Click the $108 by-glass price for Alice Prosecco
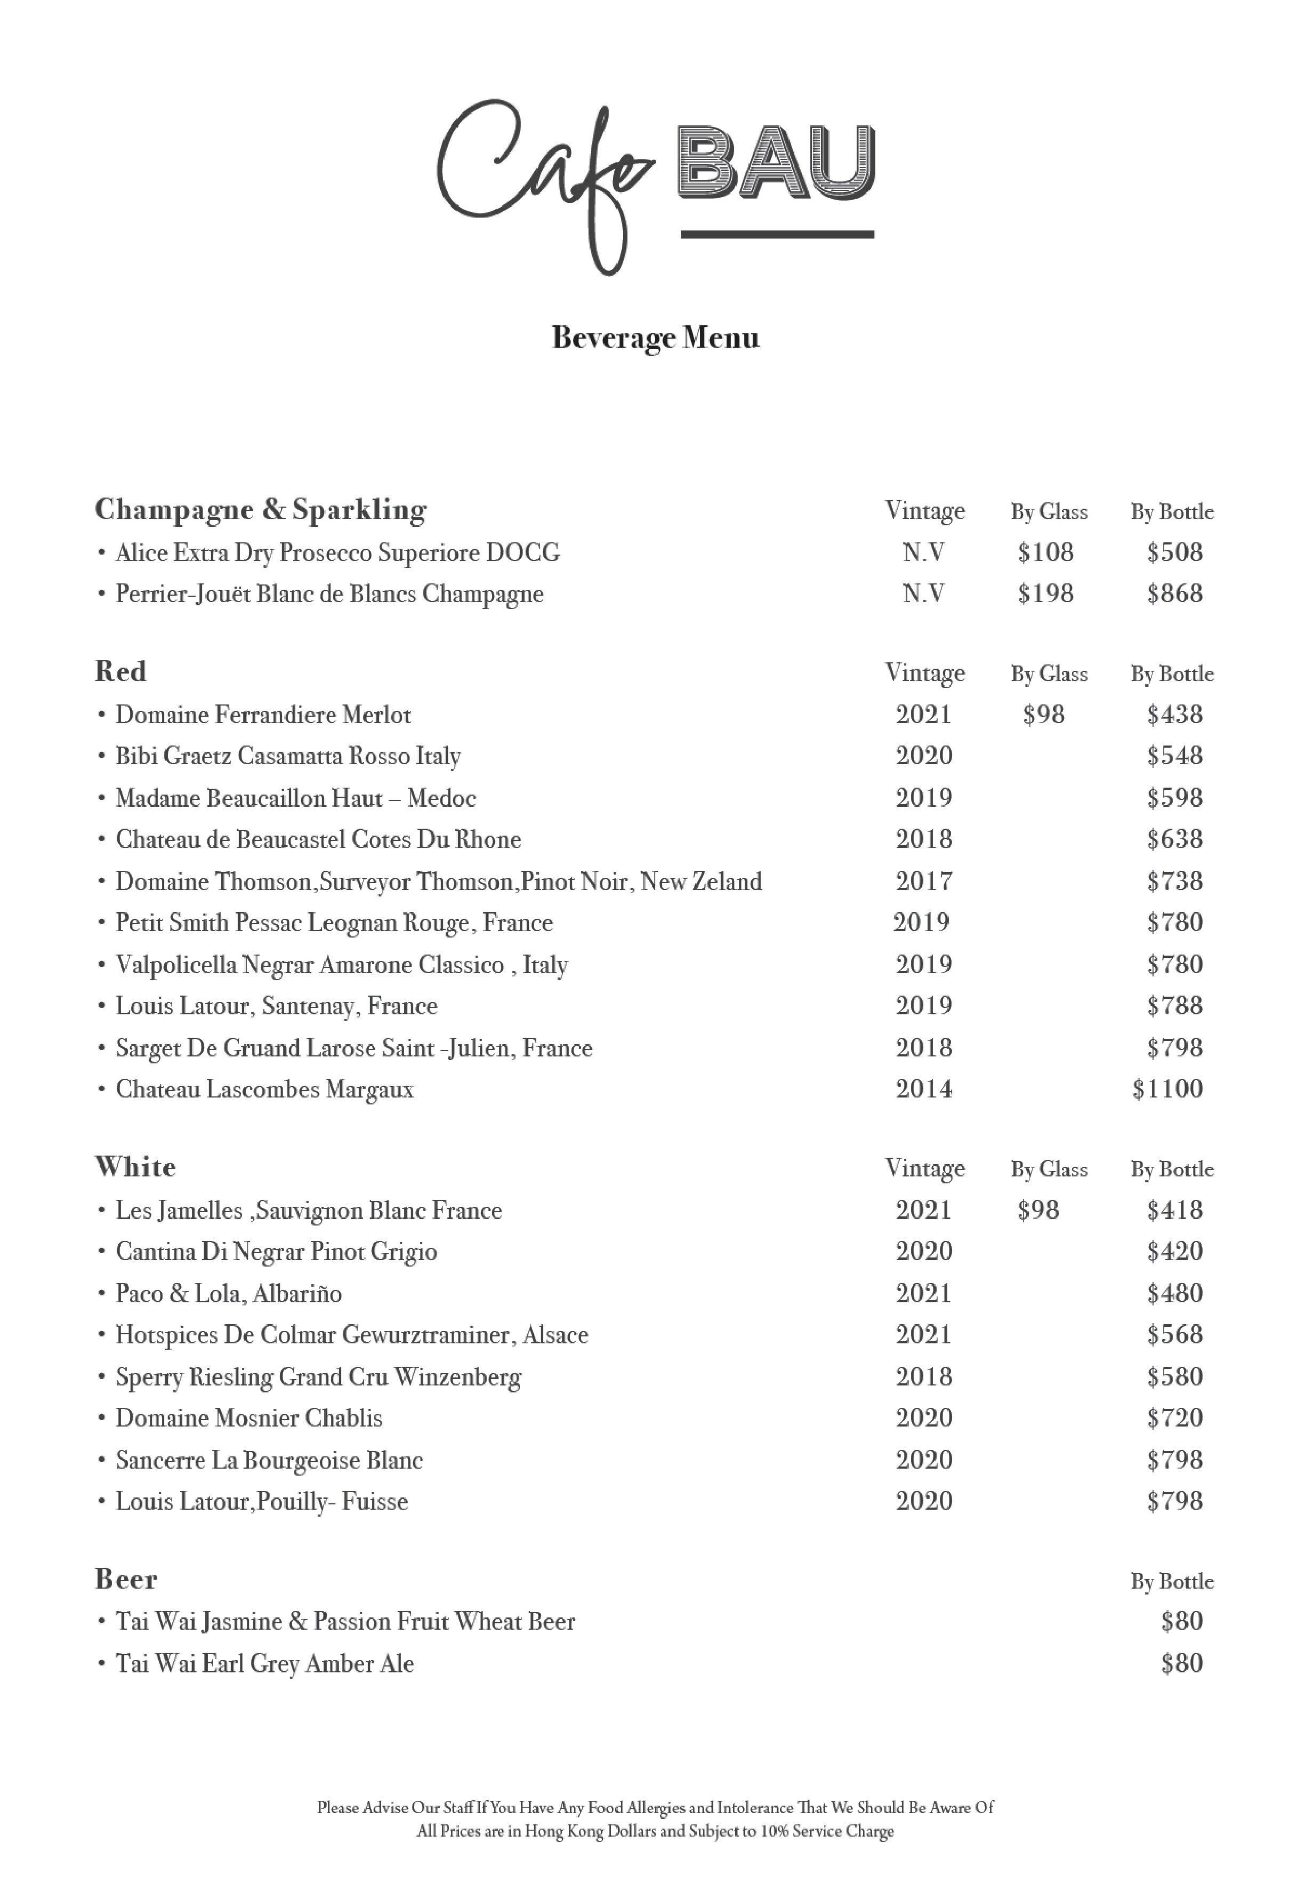click(x=1045, y=552)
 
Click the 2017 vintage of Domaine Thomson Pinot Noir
click(x=923, y=882)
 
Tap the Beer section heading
click(x=125, y=1579)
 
